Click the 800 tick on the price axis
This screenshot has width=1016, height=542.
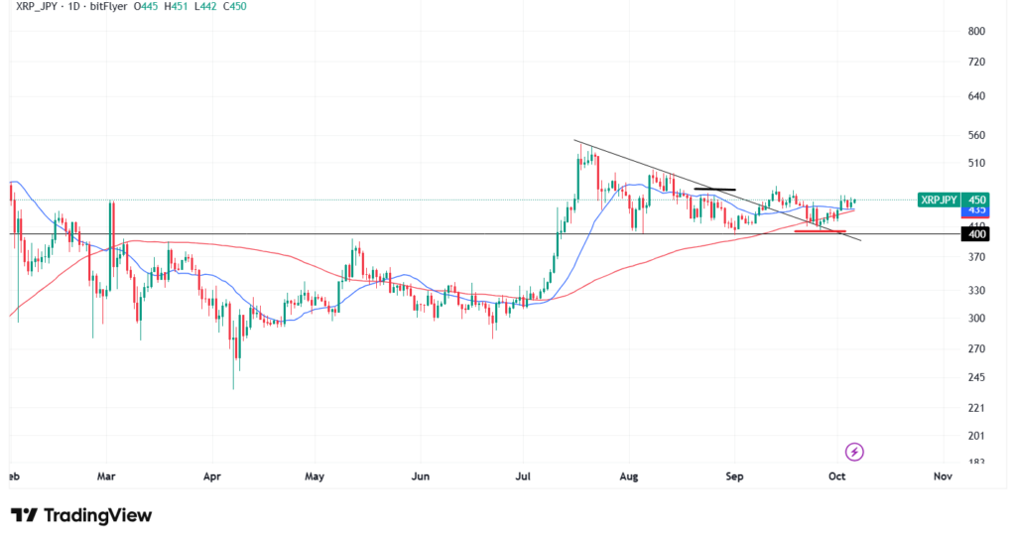[x=977, y=32]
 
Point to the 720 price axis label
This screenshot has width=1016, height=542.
[x=977, y=63]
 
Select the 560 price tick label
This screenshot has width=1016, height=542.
[x=977, y=135]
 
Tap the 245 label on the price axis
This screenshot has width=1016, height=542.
[x=977, y=377]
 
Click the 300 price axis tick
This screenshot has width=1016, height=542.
[x=977, y=319]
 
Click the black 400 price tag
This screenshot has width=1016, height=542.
[x=977, y=234]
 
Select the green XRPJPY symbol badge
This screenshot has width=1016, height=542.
[x=938, y=200]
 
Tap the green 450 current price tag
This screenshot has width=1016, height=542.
[x=977, y=200]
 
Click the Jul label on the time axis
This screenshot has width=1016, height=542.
[x=524, y=476]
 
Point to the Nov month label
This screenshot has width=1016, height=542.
[x=943, y=476]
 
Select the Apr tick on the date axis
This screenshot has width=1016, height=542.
[x=210, y=476]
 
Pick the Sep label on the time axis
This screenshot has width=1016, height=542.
[x=734, y=476]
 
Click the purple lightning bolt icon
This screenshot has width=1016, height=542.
[x=855, y=453]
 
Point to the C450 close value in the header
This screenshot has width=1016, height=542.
[x=233, y=7]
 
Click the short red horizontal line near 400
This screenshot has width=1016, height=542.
[x=820, y=231]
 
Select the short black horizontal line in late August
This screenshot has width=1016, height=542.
[x=714, y=189]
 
